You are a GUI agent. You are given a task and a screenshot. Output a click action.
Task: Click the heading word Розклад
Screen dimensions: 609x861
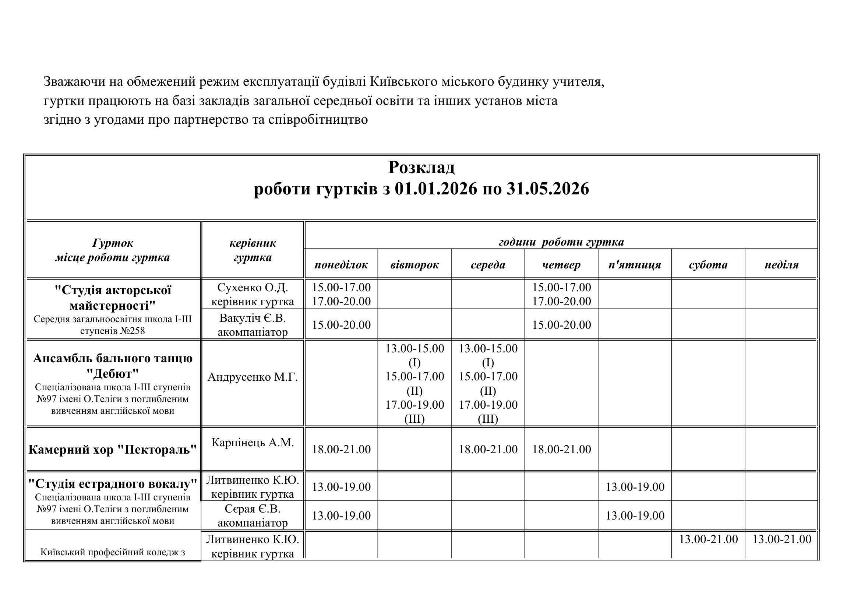421,167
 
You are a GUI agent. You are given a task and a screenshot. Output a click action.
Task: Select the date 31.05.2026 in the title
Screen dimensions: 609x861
547,189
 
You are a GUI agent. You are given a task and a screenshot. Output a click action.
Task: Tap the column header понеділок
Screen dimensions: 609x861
341,265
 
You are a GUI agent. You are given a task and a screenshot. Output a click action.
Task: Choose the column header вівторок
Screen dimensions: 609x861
414,265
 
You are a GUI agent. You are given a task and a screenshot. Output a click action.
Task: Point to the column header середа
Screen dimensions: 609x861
488,265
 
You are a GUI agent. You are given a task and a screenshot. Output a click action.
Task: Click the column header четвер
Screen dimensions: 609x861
561,265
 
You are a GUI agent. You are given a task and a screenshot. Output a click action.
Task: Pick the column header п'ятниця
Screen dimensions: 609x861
635,265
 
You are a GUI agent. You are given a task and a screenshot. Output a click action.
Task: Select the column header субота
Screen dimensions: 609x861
708,265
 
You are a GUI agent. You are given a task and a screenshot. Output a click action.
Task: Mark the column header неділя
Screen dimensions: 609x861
781,265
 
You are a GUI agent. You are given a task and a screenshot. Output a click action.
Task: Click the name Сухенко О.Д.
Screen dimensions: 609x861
253,288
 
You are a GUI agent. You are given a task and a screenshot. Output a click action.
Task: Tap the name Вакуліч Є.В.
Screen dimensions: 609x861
253,318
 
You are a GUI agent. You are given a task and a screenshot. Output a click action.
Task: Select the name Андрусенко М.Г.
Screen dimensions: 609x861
253,377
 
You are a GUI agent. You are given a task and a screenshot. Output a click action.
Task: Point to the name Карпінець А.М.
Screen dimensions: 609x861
253,443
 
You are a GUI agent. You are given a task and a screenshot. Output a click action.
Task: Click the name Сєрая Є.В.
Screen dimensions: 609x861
253,509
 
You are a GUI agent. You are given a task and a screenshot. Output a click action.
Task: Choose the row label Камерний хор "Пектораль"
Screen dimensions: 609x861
113,449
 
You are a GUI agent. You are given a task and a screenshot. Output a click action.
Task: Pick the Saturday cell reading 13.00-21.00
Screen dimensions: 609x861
708,539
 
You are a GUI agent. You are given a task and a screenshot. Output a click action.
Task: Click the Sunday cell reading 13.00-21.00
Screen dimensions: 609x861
781,539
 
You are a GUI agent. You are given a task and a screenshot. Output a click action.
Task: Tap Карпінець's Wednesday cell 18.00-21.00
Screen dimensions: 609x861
488,449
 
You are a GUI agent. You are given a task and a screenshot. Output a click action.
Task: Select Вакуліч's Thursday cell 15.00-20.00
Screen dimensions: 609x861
561,325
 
